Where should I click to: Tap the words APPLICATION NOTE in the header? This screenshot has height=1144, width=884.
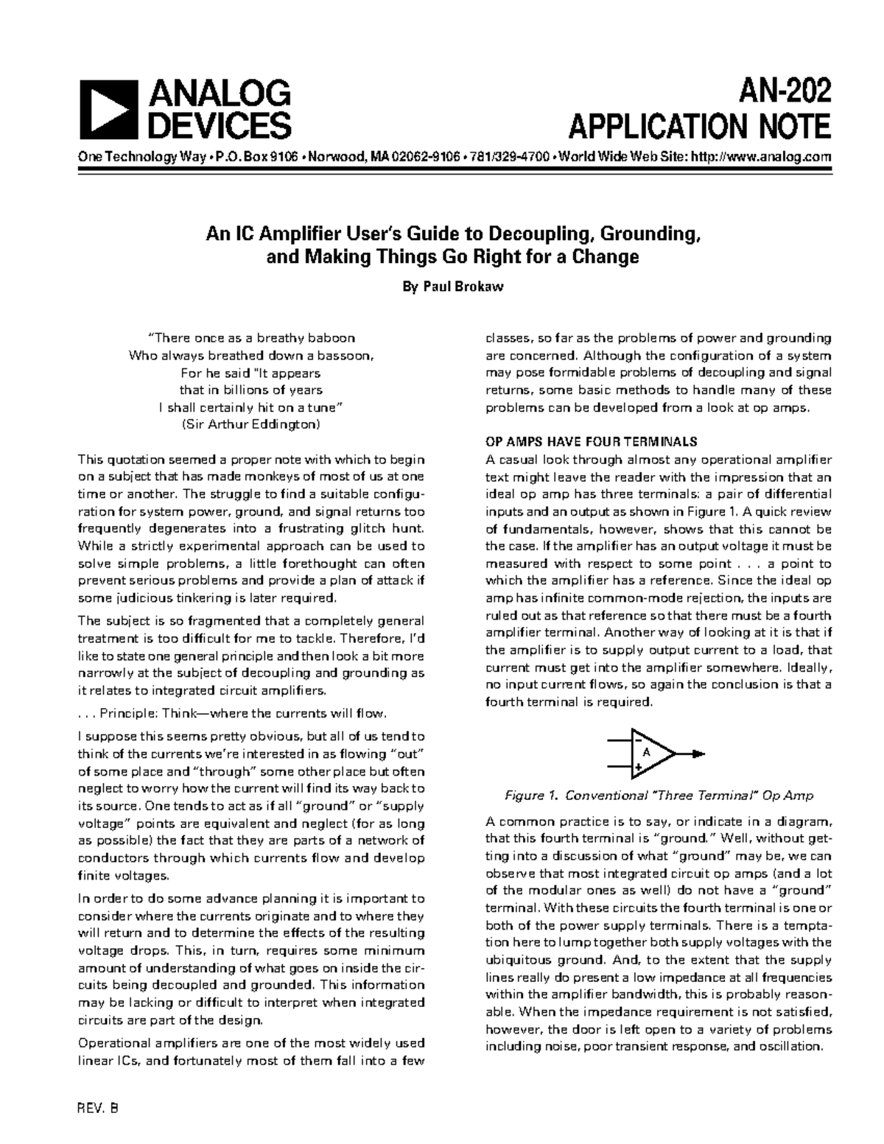(700, 127)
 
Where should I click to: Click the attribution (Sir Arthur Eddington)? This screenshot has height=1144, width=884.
(251, 424)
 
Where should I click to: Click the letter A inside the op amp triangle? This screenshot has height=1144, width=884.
(646, 753)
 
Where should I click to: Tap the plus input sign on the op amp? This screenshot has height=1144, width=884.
(638, 767)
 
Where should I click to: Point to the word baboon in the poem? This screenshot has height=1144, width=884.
(331, 338)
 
